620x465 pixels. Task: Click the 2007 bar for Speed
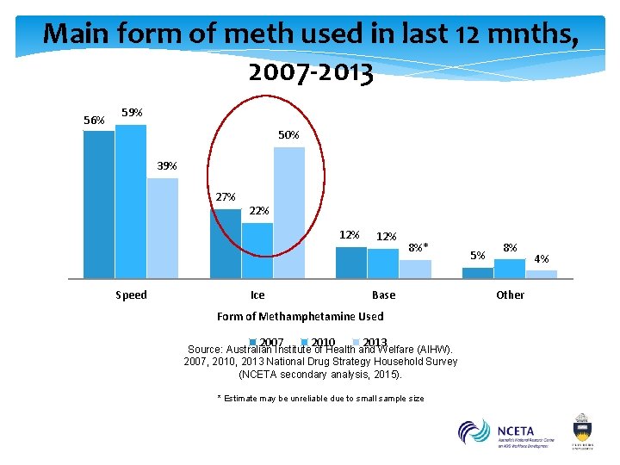98,204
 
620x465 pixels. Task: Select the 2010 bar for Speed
130,201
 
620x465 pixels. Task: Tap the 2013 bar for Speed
162,228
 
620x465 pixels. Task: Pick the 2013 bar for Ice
289,213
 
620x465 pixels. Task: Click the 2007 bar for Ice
226,244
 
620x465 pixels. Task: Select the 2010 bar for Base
383,263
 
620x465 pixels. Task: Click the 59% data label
132,113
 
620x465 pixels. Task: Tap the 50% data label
288,135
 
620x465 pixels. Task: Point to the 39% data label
167,166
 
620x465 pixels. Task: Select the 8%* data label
418,248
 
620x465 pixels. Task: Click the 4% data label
542,258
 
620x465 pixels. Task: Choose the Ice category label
257,295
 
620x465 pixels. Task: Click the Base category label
383,295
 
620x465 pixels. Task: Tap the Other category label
510,295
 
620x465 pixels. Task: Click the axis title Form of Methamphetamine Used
300,317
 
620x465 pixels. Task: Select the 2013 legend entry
370,343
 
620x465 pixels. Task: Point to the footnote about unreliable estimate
319,399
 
